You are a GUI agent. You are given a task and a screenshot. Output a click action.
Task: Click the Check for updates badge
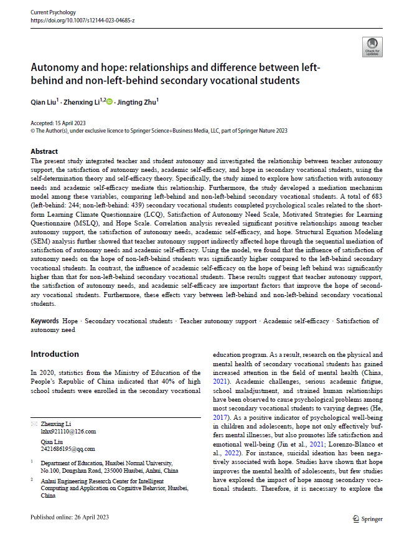pyautogui.click(x=372, y=45)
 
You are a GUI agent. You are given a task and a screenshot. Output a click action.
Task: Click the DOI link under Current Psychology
pyautogui.click(x=83, y=21)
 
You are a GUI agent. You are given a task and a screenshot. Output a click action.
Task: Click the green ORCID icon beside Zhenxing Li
pyautogui.click(x=110, y=102)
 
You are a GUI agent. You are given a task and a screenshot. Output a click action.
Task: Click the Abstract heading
pyautogui.click(x=44, y=151)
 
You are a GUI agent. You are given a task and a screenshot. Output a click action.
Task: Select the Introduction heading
pyautogui.click(x=55, y=354)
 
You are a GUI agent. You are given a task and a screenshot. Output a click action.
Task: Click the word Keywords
pyautogui.click(x=45, y=321)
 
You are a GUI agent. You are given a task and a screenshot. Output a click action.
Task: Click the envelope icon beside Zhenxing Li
pyautogui.click(x=34, y=423)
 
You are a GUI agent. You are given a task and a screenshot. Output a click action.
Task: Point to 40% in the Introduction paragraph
pyautogui.click(x=159, y=381)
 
